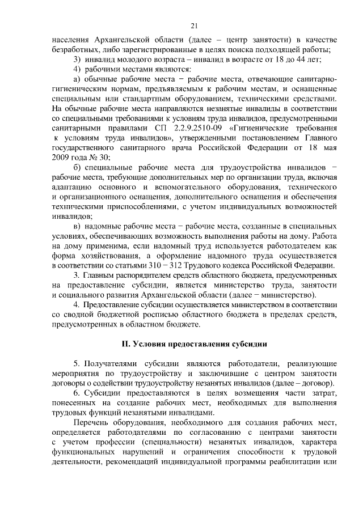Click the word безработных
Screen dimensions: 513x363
[x=74, y=50]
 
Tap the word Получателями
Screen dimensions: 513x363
[x=115, y=362]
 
